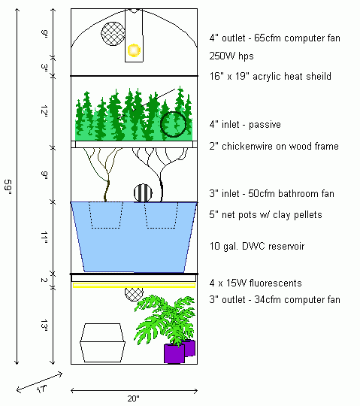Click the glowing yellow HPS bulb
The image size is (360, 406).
click(x=134, y=50)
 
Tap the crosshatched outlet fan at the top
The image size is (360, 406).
click(x=113, y=34)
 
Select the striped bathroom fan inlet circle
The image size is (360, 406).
click(x=143, y=193)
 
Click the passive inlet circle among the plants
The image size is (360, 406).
click(x=173, y=124)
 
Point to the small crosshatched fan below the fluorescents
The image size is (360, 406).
click(x=134, y=295)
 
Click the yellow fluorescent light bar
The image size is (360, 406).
click(x=134, y=286)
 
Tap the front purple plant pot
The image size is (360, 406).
click(x=174, y=353)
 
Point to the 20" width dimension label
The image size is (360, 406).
click(x=134, y=398)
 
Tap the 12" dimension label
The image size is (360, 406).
click(x=44, y=111)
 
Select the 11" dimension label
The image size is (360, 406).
click(x=44, y=238)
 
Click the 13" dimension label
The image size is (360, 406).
click(x=44, y=326)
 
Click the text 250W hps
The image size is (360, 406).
click(x=231, y=56)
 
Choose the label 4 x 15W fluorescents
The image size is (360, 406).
click(x=256, y=283)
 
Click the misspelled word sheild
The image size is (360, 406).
click(x=319, y=77)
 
